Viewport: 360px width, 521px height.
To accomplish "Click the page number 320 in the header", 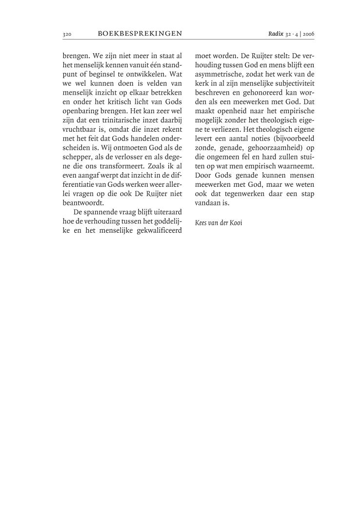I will point(67,34).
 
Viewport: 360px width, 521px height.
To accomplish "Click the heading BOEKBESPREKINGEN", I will point(140,34).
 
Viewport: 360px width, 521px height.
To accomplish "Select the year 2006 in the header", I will point(308,34).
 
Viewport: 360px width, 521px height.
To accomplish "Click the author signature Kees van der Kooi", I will point(219,222).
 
